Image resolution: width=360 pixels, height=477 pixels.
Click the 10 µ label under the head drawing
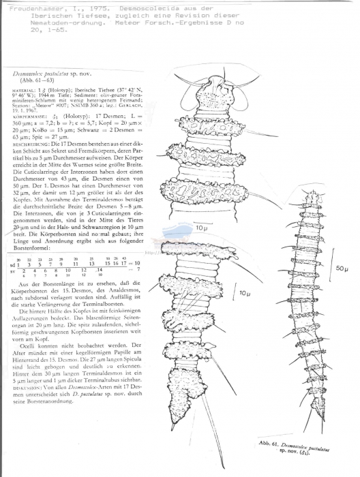click(x=200, y=228)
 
